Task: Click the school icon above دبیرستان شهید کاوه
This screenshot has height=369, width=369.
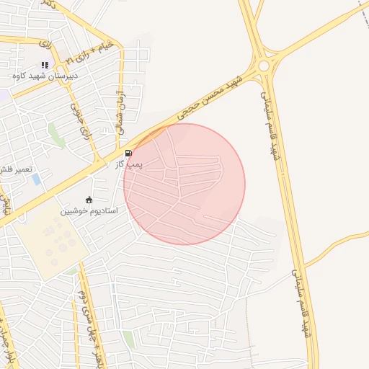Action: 45,64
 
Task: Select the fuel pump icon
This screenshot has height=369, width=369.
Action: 129,153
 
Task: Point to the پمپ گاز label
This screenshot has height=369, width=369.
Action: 130,164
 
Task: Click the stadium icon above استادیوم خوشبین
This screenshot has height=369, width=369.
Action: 89,200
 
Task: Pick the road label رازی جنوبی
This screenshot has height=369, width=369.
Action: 76,119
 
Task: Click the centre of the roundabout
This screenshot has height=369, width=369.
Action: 264,66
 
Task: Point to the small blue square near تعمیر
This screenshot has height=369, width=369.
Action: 37,179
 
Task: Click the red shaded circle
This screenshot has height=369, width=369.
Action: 184,184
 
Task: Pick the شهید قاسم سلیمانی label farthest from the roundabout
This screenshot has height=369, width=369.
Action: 301,303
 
